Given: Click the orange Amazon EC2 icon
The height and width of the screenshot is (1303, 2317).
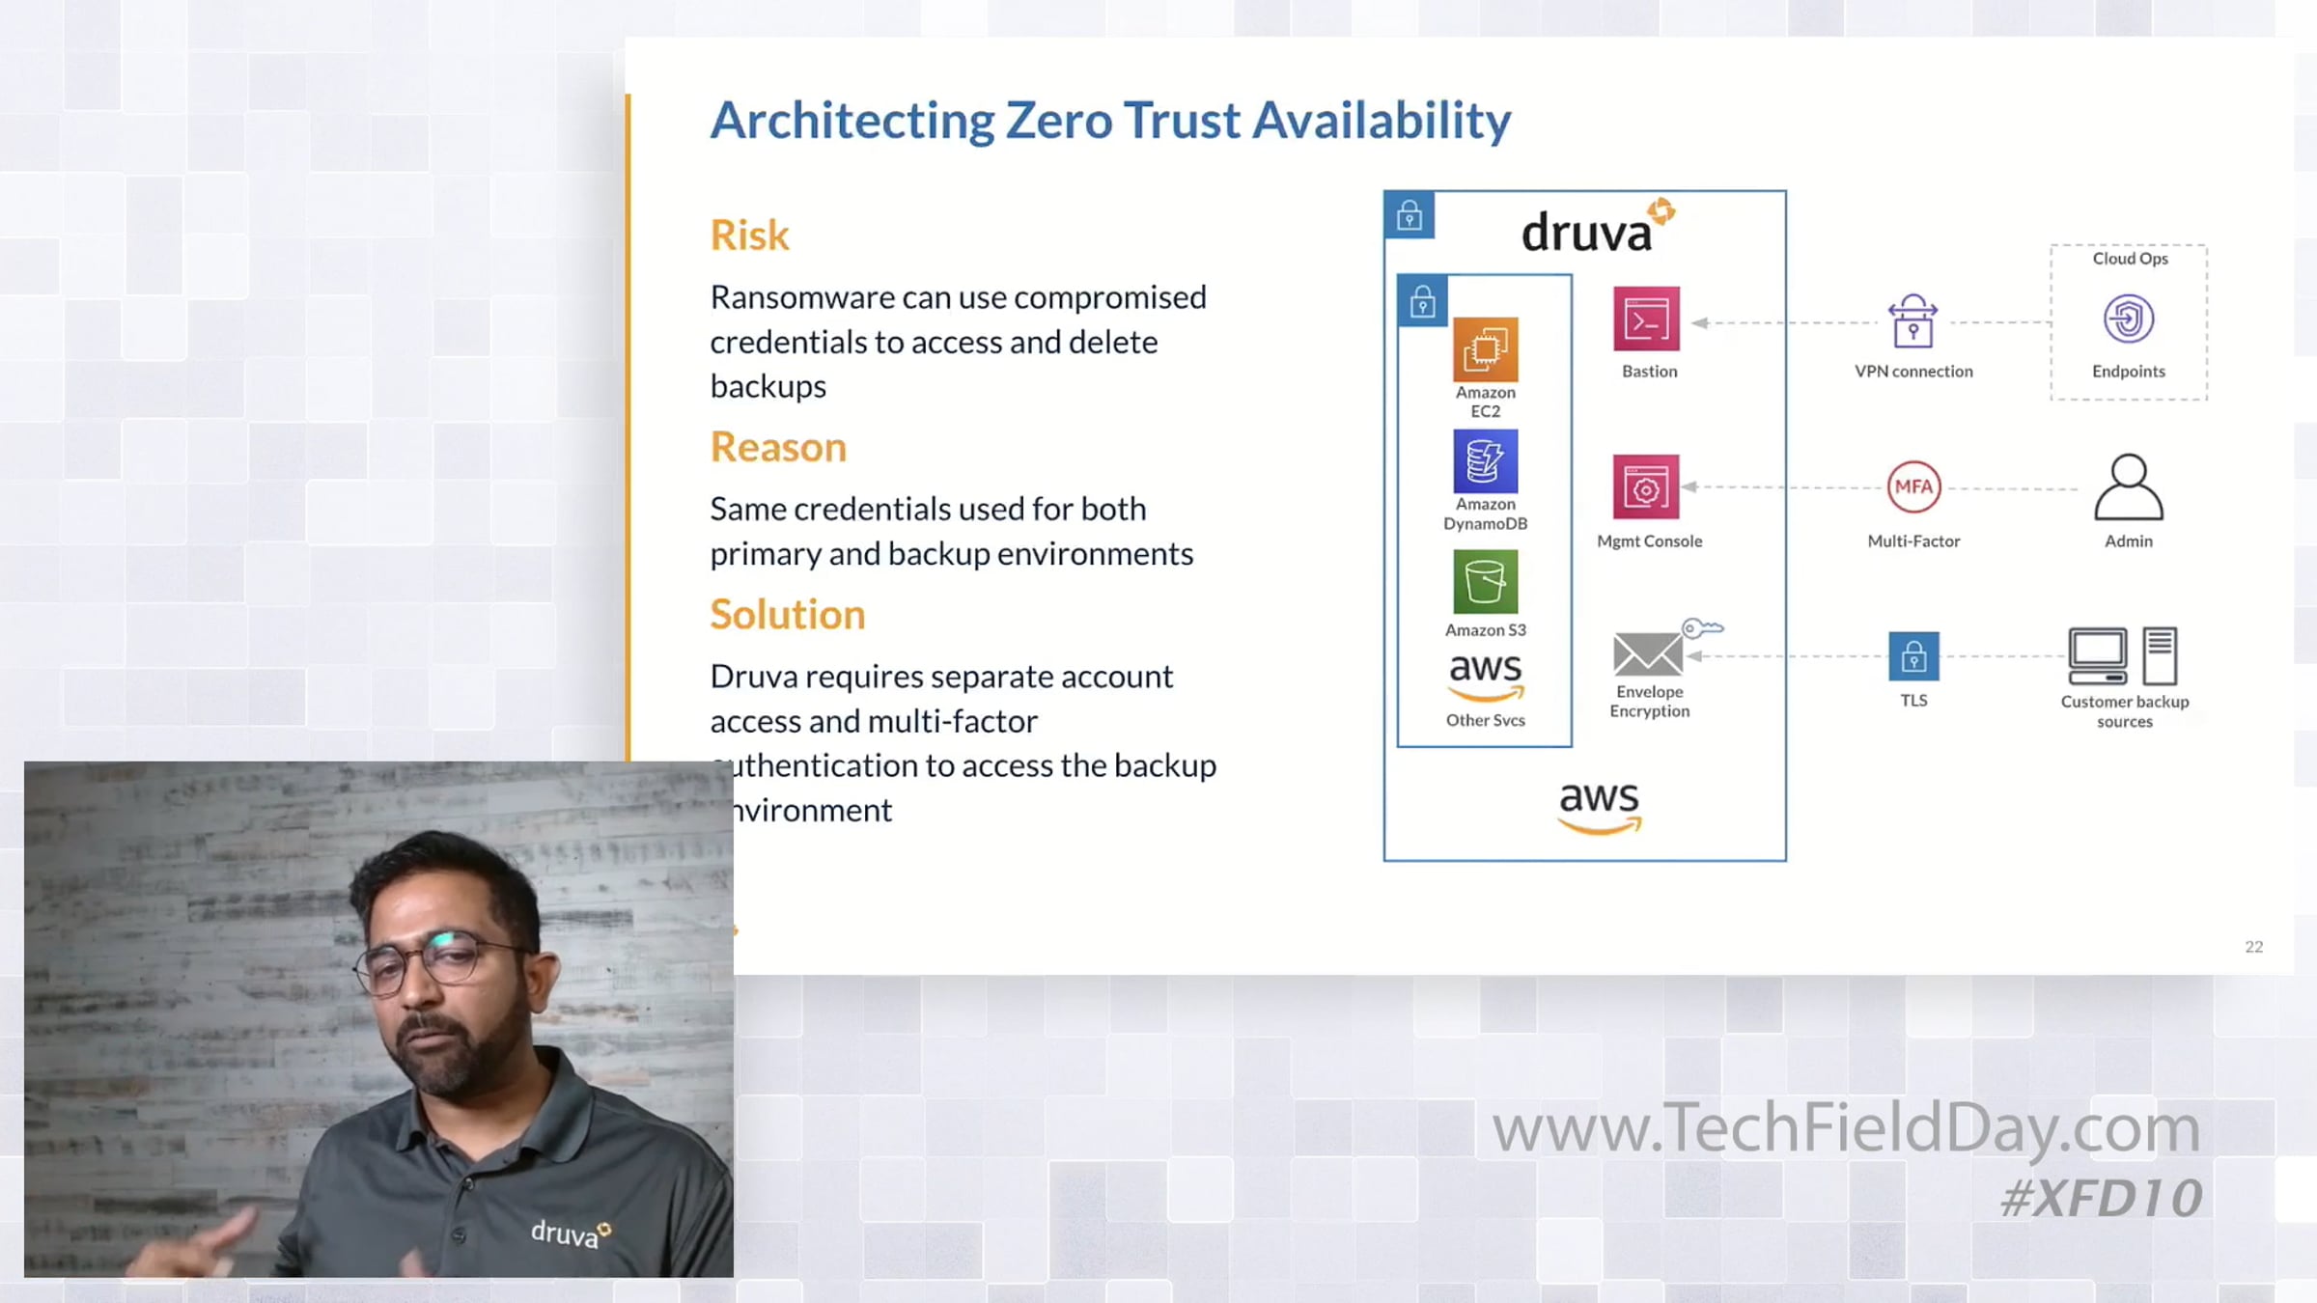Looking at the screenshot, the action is pyautogui.click(x=1485, y=349).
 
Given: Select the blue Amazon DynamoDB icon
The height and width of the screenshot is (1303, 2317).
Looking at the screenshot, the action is pyautogui.click(x=1485, y=461).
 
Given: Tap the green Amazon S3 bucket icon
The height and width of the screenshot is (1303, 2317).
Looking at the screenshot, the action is pyautogui.click(x=1485, y=582).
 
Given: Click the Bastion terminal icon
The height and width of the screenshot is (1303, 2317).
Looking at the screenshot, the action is pyautogui.click(x=1646, y=319).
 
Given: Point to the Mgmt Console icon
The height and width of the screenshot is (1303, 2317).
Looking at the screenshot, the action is pyautogui.click(x=1646, y=487).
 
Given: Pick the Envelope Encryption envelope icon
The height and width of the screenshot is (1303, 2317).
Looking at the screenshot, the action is pyautogui.click(x=1648, y=654).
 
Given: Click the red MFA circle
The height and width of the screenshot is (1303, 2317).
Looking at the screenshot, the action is pyautogui.click(x=1913, y=487).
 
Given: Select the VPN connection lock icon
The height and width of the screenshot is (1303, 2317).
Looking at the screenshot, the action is pyautogui.click(x=1912, y=320).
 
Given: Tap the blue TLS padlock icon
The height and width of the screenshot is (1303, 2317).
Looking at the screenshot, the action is pyautogui.click(x=1913, y=656).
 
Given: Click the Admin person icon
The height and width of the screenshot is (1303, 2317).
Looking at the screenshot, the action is pyautogui.click(x=2129, y=487).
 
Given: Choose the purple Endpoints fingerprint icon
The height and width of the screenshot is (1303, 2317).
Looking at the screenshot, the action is pyautogui.click(x=2129, y=319).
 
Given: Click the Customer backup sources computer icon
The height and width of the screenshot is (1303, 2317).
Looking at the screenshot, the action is pyautogui.click(x=2123, y=656).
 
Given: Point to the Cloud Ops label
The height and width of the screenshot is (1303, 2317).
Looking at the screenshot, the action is pyautogui.click(x=2130, y=259).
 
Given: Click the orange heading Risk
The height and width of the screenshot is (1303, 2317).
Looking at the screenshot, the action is pyautogui.click(x=750, y=235).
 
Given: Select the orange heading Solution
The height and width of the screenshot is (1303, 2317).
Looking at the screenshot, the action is pyautogui.click(x=788, y=614).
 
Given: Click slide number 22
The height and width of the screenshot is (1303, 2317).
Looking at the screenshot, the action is pyautogui.click(x=2254, y=947).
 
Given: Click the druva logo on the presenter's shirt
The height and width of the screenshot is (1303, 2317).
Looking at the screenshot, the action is pyautogui.click(x=571, y=1233).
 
